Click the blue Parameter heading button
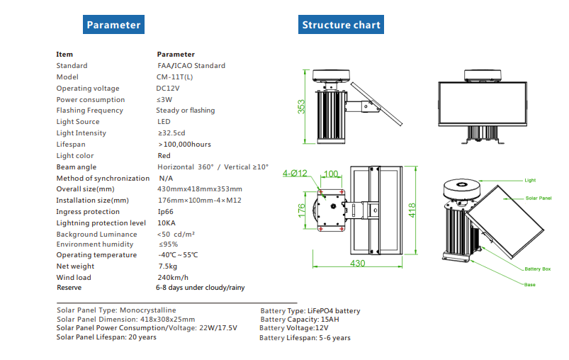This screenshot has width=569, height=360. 113,25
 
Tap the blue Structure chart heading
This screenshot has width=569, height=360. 341,25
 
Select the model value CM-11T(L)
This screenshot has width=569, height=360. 174,77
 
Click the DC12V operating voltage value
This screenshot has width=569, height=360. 169,89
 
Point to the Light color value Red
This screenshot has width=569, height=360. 164,156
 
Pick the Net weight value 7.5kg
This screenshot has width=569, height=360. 167,266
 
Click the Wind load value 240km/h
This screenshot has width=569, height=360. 171,278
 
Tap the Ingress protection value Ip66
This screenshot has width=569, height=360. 165,212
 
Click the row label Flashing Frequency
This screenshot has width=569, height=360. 90,111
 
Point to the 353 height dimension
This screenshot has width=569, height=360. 302,106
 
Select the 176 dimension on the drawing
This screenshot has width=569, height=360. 302,209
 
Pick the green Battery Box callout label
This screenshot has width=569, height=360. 537,269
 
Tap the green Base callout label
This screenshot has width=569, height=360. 529,285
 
